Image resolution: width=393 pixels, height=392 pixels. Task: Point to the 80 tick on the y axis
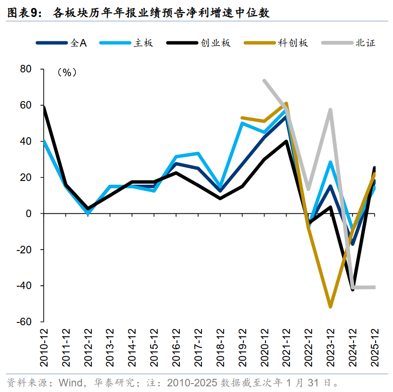coord(25,69)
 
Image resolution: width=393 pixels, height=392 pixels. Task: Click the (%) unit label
coord(66,72)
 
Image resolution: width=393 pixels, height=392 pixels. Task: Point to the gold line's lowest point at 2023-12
coord(330,306)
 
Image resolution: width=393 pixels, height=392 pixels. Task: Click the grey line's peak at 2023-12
coord(331,110)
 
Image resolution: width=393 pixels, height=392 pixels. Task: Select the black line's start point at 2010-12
coord(44,108)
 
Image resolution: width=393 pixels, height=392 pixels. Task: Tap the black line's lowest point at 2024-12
coord(353,290)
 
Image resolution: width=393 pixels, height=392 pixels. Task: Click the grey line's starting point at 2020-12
coord(265,80)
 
